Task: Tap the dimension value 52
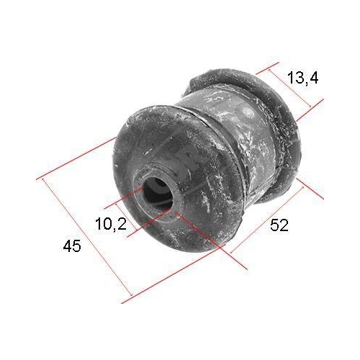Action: pos(279,225)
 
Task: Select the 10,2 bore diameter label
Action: pos(110,225)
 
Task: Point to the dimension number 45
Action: pos(71,246)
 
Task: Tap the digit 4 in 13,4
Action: pos(314,78)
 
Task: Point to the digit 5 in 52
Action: pos(274,225)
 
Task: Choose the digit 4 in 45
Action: pos(66,246)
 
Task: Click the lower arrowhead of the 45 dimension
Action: pos(130,295)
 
